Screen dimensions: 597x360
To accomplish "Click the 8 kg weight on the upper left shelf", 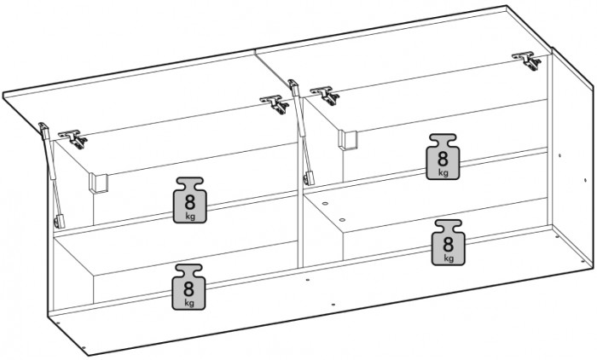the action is tap(190, 200).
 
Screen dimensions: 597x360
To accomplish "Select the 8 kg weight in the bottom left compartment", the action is tap(188, 287).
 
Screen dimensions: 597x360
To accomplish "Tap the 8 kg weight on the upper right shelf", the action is tap(443, 157).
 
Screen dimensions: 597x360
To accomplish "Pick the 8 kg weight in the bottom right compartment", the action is tap(448, 242).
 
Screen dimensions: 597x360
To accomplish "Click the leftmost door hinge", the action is tap(73, 139).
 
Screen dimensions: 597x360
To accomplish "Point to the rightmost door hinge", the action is tap(527, 61).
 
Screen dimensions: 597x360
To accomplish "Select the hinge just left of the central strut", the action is tap(275, 104).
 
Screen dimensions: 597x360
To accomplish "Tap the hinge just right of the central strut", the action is tap(325, 96).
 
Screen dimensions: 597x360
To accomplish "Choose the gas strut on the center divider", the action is tap(301, 132).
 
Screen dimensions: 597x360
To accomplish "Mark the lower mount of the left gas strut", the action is tap(60, 222).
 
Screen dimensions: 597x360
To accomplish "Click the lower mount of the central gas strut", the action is tap(309, 178).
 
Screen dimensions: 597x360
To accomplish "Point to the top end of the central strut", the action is tap(293, 83).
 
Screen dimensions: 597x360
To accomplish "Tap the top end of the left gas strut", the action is tap(43, 126).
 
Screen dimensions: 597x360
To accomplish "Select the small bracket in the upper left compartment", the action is tap(99, 183).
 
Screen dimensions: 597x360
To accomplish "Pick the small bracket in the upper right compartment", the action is tap(348, 140).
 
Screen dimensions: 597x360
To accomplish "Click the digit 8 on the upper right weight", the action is tap(443, 158).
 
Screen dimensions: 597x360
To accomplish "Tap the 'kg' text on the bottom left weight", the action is tap(189, 303).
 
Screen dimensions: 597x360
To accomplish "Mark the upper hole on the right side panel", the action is tap(559, 155).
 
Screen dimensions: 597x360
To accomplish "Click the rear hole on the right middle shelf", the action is tap(325, 203).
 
